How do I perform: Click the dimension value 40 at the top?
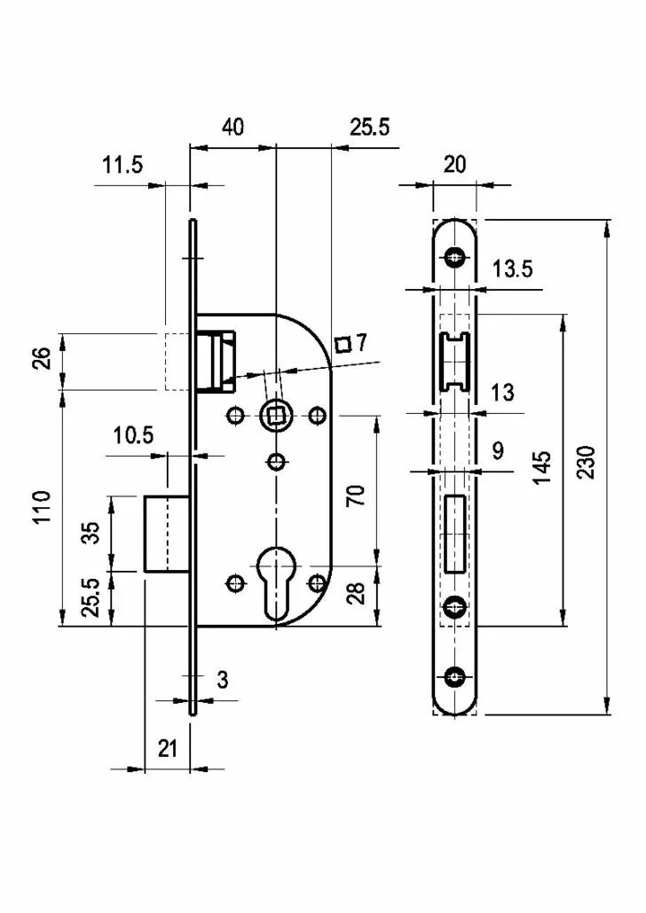232,127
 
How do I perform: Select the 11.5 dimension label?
122,165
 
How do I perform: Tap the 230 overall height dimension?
586,463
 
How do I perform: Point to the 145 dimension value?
541,467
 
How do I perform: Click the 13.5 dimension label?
513,269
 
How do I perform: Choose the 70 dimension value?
356,495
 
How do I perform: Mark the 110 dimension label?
42,508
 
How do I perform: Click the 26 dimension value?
43,359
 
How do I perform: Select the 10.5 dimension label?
133,435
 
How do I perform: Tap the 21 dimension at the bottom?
168,748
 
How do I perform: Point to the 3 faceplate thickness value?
222,680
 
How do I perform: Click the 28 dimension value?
356,593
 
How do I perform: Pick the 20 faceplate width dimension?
454,165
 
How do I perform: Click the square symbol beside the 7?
343,345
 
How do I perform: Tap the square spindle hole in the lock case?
274,415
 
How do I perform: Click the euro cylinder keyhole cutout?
275,582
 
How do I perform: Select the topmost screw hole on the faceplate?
454,257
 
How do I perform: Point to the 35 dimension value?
91,533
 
